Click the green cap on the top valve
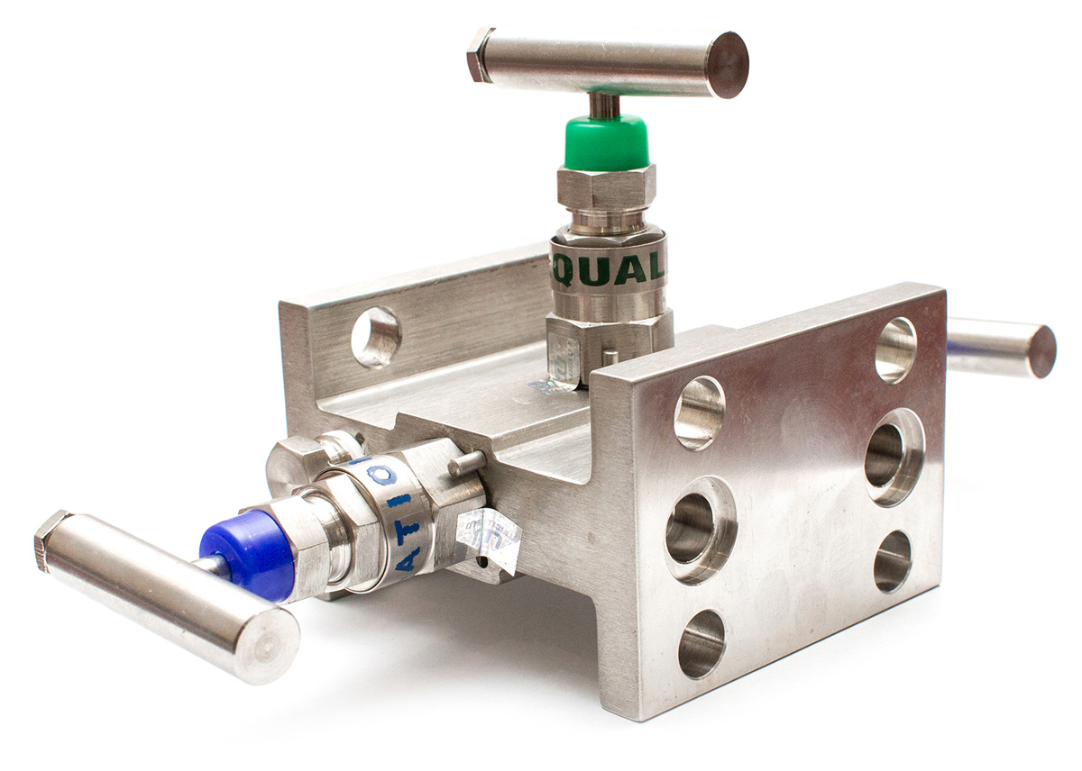tap(606, 142)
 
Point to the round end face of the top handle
tap(727, 65)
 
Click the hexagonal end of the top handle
tap(478, 54)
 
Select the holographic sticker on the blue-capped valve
tap(488, 539)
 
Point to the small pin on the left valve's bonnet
tap(466, 463)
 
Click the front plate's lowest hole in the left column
tap(701, 643)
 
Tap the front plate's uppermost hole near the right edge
tap(895, 349)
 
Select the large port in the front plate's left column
tap(700, 530)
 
